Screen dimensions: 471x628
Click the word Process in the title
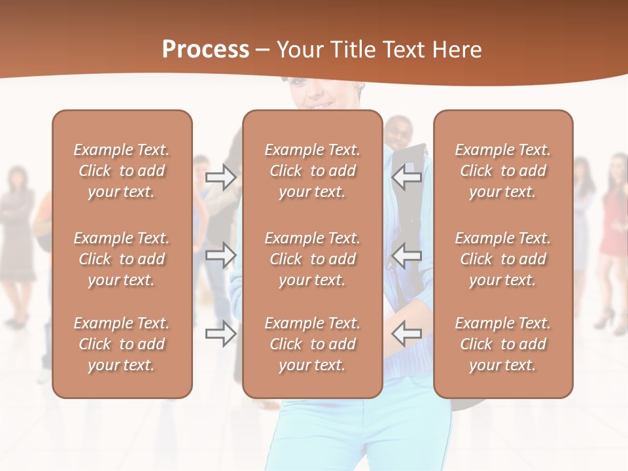pos(205,50)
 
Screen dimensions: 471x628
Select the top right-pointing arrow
pos(220,177)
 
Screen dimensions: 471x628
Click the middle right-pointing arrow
pos(220,254)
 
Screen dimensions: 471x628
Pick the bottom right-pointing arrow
pos(220,334)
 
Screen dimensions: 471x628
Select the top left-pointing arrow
pos(407,177)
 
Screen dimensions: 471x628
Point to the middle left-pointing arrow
pos(407,254)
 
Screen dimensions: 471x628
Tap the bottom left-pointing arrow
pos(407,334)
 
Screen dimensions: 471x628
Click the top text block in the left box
pos(122,171)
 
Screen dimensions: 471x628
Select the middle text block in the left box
pos(122,259)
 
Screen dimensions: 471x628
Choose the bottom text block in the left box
pos(122,344)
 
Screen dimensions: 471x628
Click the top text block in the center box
pos(312,171)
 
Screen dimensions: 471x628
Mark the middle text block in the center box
pos(312,259)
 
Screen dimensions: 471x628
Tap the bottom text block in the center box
pos(312,344)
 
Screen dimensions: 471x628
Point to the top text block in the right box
pos(503,171)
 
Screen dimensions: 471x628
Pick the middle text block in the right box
pos(503,259)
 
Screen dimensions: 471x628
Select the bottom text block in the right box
pos(503,344)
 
